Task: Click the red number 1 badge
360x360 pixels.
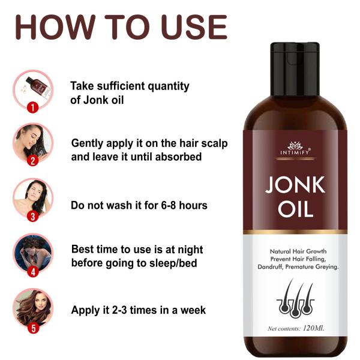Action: pyautogui.click(x=34, y=107)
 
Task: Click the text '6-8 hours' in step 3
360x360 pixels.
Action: pyautogui.click(x=183, y=205)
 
